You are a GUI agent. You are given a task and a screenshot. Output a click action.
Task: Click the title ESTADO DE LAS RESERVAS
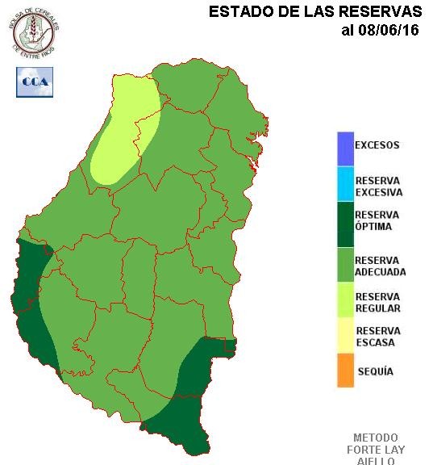(314, 12)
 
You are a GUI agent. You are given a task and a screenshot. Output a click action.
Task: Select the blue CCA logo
(35, 82)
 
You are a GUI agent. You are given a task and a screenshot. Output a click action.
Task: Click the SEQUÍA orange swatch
(345, 371)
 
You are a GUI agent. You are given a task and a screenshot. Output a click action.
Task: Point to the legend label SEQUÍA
(375, 372)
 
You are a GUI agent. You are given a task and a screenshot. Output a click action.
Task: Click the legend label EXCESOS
(377, 146)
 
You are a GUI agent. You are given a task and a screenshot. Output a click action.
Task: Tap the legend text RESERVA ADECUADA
(380, 266)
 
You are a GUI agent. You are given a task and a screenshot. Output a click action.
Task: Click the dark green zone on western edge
(32, 299)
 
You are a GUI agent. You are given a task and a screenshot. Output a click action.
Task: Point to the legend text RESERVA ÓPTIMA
(377, 220)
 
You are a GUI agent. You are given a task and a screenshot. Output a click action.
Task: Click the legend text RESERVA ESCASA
(377, 336)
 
